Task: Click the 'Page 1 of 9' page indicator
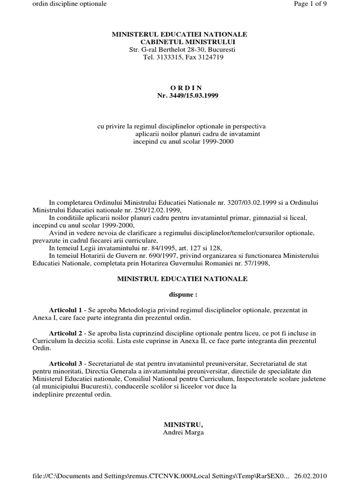point(337,4)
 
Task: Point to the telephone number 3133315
point(167,57)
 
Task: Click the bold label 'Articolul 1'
point(66,311)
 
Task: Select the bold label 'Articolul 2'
point(66,332)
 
